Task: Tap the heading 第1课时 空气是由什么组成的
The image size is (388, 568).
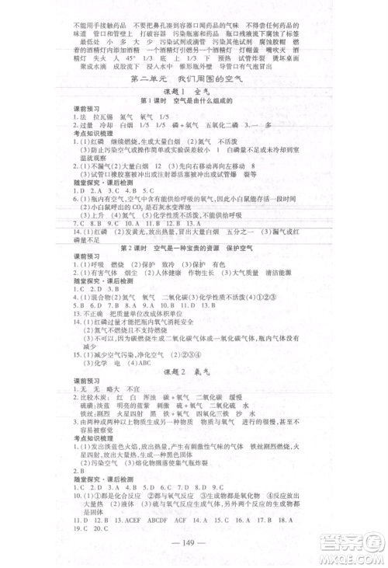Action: click(194, 103)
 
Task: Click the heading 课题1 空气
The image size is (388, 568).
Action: click(194, 92)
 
